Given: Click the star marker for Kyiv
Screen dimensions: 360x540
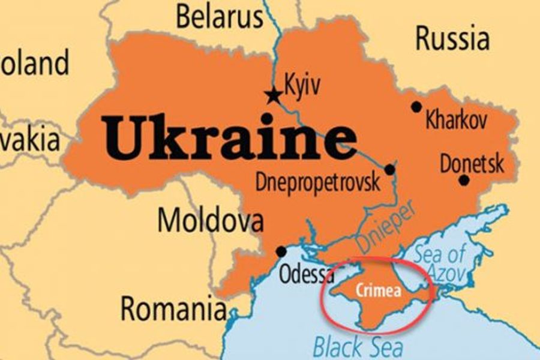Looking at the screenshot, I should pyautogui.click(x=274, y=94).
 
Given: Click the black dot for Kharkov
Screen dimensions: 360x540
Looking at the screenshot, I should pyautogui.click(x=416, y=107).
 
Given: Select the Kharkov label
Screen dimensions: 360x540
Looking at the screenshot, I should pyautogui.click(x=456, y=121).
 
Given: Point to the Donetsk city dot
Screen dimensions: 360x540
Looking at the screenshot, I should pyautogui.click(x=464, y=179).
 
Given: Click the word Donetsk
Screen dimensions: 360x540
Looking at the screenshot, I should pyautogui.click(x=472, y=163).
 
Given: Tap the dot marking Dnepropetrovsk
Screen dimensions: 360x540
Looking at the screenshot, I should pyautogui.click(x=389, y=170).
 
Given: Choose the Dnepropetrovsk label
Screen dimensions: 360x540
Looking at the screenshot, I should pyautogui.click(x=318, y=182).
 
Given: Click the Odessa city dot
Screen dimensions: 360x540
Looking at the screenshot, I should pyautogui.click(x=281, y=251).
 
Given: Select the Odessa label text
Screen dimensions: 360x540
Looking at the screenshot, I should pyautogui.click(x=307, y=274).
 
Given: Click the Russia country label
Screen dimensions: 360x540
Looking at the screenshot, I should pyautogui.click(x=452, y=38).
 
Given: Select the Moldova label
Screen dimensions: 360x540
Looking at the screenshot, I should pyautogui.click(x=210, y=220).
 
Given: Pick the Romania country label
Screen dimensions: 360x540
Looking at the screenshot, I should pyautogui.click(x=173, y=310).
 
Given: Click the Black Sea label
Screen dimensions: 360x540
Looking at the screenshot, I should pyautogui.click(x=358, y=346).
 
